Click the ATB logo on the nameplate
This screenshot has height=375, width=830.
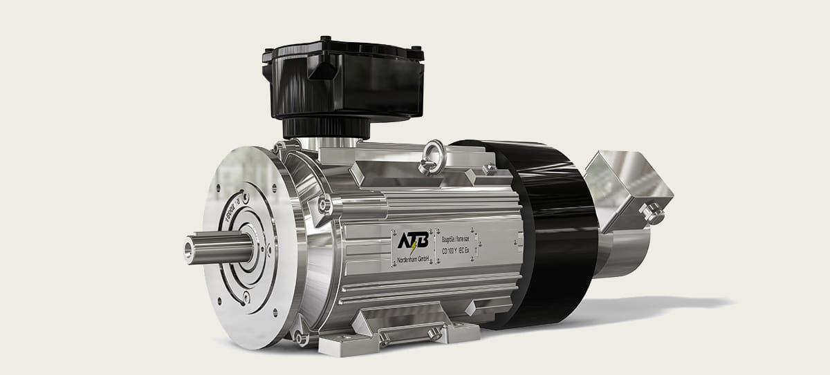[413, 240]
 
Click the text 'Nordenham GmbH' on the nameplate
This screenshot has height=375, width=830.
[414, 258]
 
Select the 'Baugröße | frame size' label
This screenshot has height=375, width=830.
[456, 239]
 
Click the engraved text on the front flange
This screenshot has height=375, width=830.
[230, 211]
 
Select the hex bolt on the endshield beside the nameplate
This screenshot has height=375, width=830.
[323, 204]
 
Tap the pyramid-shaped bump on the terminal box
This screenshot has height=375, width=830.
[321, 70]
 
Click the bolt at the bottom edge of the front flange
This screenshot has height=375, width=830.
[302, 339]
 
